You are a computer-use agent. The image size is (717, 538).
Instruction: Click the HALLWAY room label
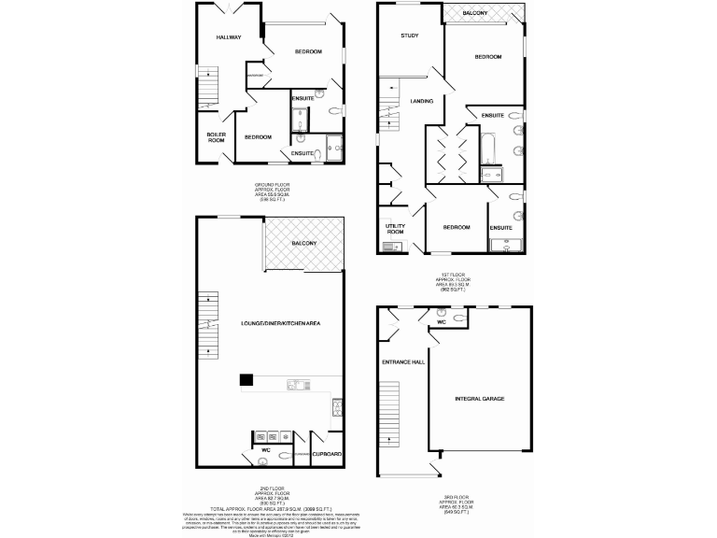229,37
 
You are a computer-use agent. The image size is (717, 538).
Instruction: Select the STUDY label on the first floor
409,35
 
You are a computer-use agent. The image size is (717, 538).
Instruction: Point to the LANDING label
421,101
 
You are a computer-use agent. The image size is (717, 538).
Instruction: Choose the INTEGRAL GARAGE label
480,398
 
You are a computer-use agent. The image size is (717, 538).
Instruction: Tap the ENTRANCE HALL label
399,361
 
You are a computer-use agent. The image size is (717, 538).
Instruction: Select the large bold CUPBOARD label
328,454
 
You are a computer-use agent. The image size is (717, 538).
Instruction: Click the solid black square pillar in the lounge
246,379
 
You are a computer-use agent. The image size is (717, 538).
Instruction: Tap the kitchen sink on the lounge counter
296,384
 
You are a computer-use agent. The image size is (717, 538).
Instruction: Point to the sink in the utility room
394,248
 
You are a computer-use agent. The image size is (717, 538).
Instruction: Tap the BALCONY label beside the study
474,12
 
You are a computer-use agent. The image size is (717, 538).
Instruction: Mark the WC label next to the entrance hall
441,322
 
